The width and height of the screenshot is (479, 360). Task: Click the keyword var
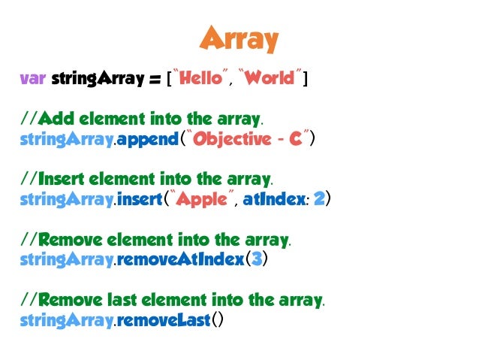pos(32,77)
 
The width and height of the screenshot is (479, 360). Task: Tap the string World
pos(270,77)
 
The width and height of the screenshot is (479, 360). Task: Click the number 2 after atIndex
pos(318,200)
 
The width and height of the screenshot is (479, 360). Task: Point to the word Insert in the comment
pos(61,180)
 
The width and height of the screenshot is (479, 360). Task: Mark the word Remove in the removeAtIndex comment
pos(69,241)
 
